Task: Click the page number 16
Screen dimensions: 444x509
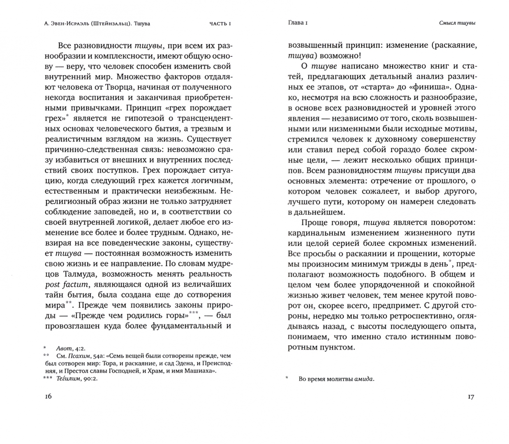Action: [48, 396]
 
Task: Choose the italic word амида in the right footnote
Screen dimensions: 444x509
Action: [364, 379]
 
